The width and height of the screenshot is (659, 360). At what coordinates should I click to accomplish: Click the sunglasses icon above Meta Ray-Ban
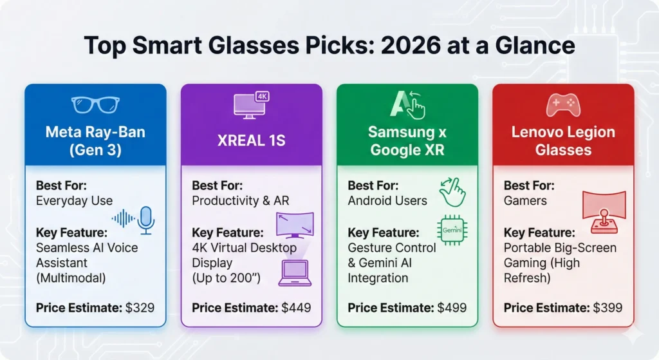[95, 105]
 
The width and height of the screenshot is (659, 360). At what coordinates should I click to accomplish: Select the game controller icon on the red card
[563, 105]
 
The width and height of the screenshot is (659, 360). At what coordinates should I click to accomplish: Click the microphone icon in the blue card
[146, 220]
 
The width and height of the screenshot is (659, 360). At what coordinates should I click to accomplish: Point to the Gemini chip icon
[452, 230]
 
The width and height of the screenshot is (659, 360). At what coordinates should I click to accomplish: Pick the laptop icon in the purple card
[295, 273]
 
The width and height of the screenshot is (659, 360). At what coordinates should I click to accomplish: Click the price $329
[140, 308]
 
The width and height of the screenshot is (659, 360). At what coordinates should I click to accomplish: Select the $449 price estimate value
[296, 308]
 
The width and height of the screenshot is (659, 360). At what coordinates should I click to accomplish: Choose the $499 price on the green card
[452, 308]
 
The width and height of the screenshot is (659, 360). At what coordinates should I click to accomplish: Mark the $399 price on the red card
[608, 308]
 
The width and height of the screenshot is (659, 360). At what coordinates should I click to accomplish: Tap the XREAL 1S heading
[252, 140]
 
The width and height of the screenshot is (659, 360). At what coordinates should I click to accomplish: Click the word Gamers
[525, 200]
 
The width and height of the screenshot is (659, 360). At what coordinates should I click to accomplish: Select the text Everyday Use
[75, 201]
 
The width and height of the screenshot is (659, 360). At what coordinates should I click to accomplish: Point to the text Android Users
[387, 201]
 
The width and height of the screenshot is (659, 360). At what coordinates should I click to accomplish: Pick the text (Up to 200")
[226, 278]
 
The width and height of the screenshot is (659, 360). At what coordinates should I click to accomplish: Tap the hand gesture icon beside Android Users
[452, 192]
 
